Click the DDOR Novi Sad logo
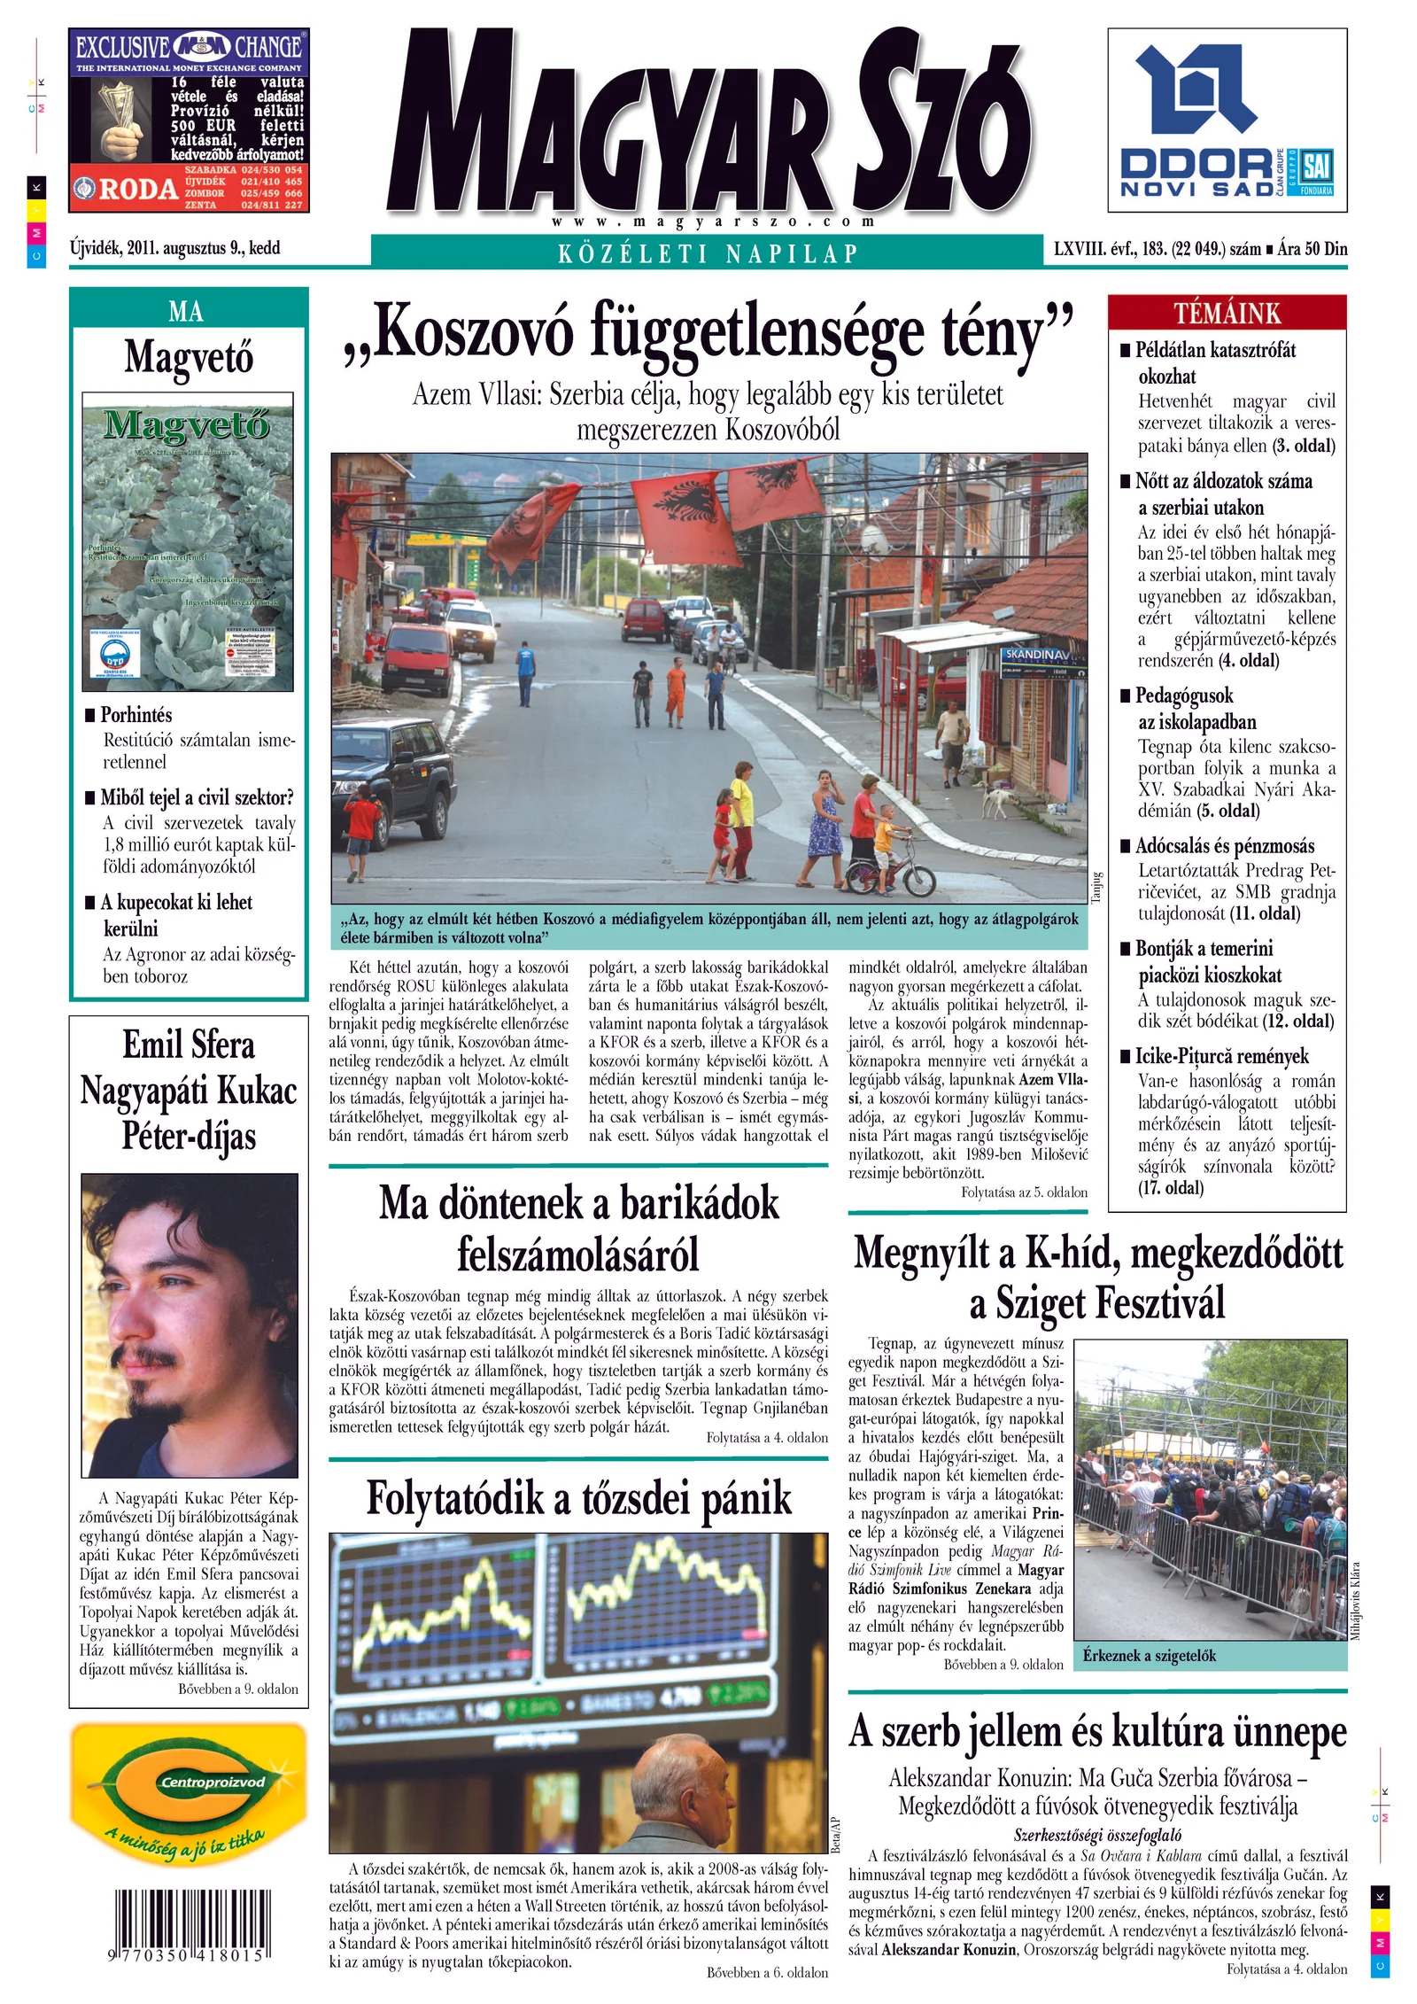click(1227, 121)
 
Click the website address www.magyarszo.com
click(712, 221)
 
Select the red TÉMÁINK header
click(1227, 313)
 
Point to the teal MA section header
click(187, 311)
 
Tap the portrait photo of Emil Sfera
click(189, 1325)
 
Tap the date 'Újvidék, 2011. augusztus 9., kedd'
click(175, 248)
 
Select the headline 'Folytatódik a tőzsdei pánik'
click(578, 1499)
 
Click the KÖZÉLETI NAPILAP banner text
click(708, 253)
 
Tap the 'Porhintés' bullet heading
click(136, 714)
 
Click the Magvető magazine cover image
click(188, 541)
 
